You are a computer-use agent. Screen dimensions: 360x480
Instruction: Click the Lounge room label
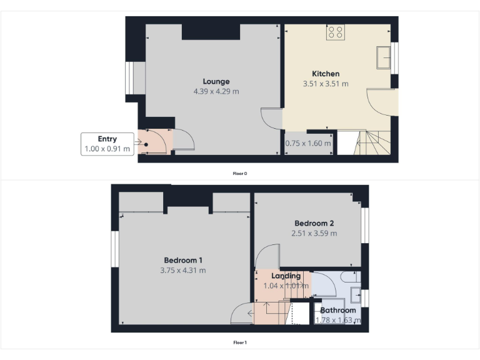click(216, 81)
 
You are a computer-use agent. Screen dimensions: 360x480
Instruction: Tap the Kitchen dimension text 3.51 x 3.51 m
click(325, 83)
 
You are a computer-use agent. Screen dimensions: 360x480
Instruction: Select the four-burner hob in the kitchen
click(335, 32)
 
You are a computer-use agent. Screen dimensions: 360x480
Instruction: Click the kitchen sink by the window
click(383, 57)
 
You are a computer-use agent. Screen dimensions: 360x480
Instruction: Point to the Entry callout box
click(107, 144)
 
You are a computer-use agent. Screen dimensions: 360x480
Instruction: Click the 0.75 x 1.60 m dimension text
click(308, 143)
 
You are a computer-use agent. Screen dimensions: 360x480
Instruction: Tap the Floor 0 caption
click(240, 173)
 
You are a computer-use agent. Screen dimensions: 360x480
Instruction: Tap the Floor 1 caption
click(240, 342)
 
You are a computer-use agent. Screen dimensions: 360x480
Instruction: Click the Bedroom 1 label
click(182, 260)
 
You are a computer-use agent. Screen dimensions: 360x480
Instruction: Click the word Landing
click(286, 276)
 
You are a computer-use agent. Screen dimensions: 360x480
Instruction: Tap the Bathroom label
click(338, 310)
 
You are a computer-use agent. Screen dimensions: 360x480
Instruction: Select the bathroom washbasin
click(355, 294)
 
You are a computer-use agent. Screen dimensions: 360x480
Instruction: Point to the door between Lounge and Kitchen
click(272, 119)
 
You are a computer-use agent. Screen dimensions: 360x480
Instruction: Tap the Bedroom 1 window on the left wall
click(115, 248)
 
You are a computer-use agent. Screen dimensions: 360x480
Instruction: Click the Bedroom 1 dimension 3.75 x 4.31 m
click(182, 271)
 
